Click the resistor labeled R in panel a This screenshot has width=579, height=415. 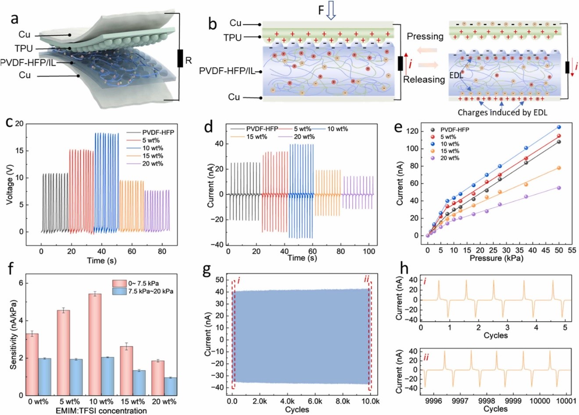(180, 58)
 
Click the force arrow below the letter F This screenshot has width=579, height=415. (332, 12)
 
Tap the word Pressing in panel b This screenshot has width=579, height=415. (425, 36)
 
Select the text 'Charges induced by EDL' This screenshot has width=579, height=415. (502, 112)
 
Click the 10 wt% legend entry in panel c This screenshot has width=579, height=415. (152, 148)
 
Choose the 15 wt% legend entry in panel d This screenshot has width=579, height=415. (248, 137)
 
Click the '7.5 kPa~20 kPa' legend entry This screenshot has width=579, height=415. (147, 291)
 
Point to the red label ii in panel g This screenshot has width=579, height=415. (367, 279)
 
